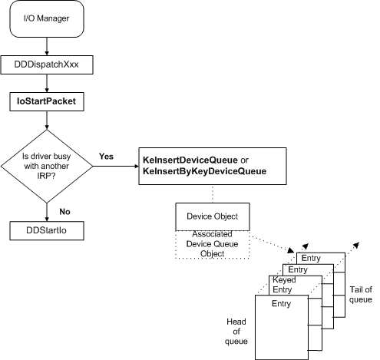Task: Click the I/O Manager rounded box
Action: [x=48, y=20]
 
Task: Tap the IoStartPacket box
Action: [x=48, y=101]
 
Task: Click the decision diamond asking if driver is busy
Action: [x=48, y=164]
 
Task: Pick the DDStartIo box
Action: [x=48, y=229]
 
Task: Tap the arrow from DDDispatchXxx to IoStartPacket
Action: [x=48, y=83]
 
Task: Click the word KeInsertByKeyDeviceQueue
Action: [x=204, y=171]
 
